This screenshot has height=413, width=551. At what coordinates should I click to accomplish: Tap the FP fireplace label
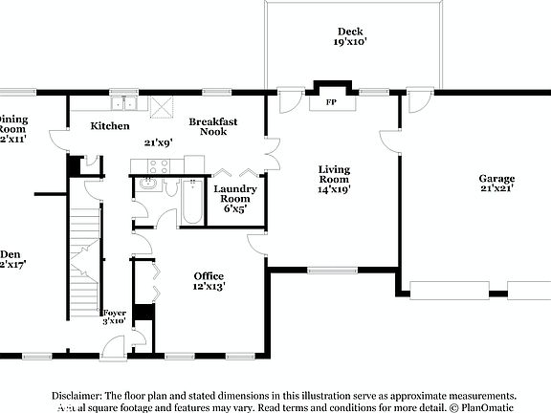(x=331, y=101)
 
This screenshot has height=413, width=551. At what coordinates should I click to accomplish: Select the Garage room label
(x=496, y=179)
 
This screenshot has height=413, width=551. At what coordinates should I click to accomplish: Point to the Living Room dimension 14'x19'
(x=334, y=189)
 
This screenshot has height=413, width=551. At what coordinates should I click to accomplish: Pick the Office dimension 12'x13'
(x=209, y=286)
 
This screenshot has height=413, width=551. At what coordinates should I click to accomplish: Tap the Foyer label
(x=115, y=312)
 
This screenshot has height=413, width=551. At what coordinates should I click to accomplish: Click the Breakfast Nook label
(x=212, y=126)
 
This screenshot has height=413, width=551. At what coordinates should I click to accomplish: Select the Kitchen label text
(x=110, y=126)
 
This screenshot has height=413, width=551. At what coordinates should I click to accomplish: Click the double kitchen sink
(x=123, y=103)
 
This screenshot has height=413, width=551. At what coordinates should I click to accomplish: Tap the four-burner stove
(x=157, y=165)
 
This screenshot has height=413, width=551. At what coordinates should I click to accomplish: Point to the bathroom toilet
(x=171, y=187)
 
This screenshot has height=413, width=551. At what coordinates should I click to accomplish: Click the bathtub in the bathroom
(x=192, y=202)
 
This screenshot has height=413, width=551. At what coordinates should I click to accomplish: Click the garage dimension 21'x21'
(x=496, y=189)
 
